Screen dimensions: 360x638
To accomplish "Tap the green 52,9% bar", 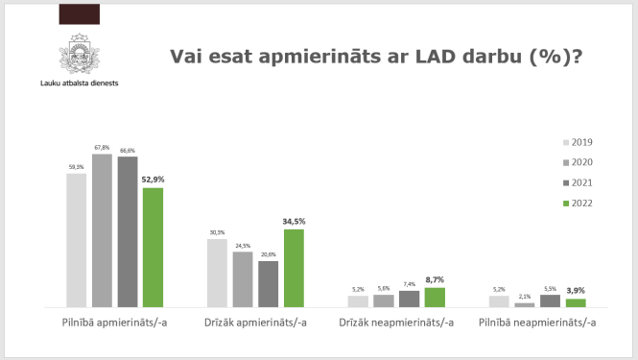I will click(x=153, y=247).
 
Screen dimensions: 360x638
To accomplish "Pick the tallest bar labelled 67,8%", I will click(x=102, y=229).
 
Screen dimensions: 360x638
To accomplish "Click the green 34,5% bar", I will click(x=294, y=268).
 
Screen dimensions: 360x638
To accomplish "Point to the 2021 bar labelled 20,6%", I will click(x=269, y=283).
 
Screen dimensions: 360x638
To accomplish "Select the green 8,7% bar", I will click(x=435, y=297).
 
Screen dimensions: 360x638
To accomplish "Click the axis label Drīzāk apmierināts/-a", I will click(x=256, y=323).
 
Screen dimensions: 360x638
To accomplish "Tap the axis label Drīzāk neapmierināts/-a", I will click(x=397, y=323).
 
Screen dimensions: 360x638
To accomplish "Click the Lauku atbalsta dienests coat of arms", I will click(x=80, y=52).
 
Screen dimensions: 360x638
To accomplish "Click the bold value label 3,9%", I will click(x=576, y=291).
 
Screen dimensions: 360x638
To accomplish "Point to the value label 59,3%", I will click(x=77, y=167).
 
